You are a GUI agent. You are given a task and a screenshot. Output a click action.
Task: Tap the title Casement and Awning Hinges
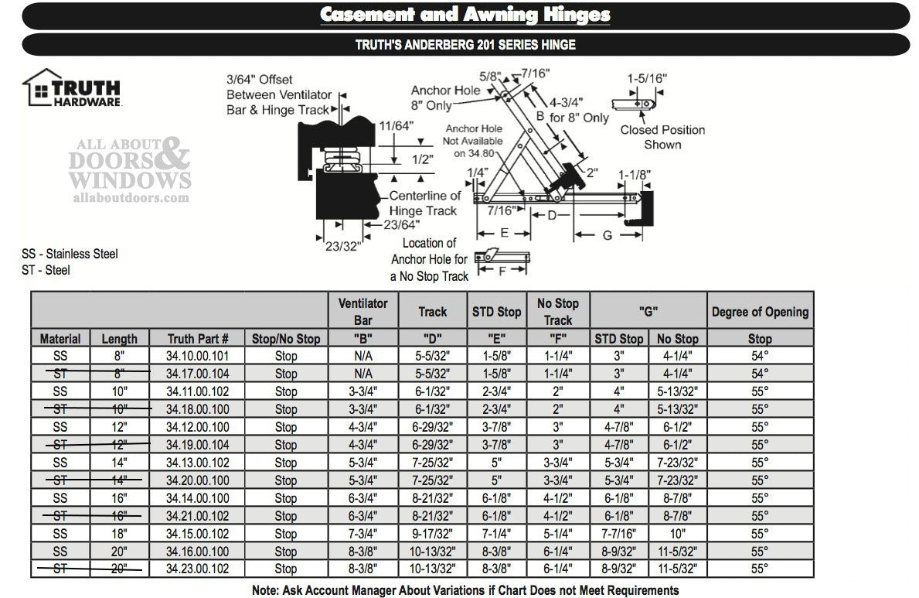pos(465,15)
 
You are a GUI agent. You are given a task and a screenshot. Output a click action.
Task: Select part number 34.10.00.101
pos(198,356)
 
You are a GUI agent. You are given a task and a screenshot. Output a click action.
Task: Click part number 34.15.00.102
pos(198,534)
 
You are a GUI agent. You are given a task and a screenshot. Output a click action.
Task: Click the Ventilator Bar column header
pos(362,311)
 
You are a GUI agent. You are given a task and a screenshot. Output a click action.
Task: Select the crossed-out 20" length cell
pos(119,569)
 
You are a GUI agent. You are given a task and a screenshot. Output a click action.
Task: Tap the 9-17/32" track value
pos(432,534)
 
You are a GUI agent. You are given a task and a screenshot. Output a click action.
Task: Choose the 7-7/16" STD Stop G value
pos(618,534)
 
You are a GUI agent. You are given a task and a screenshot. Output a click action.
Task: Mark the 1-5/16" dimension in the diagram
pos(647,78)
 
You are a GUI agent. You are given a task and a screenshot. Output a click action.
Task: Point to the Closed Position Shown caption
pos(662,137)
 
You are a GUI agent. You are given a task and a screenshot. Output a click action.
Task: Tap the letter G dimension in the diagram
pos(608,234)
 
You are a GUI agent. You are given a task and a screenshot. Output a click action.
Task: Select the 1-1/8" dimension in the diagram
pos(635,175)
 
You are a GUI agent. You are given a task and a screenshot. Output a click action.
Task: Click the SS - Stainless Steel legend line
pos(70,254)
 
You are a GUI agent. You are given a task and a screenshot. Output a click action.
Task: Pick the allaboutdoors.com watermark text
pos(129,197)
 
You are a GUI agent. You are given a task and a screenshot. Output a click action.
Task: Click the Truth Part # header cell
pos(198,338)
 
